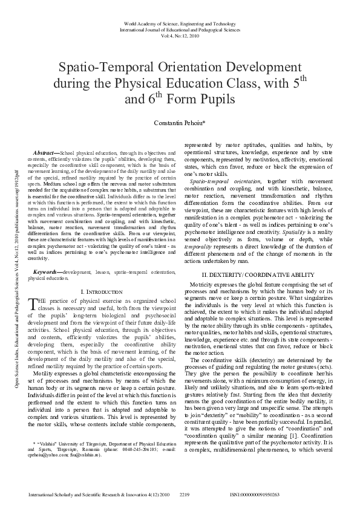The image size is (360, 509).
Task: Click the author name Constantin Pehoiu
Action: click(x=179, y=123)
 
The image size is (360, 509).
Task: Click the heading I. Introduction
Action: click(x=101, y=292)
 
